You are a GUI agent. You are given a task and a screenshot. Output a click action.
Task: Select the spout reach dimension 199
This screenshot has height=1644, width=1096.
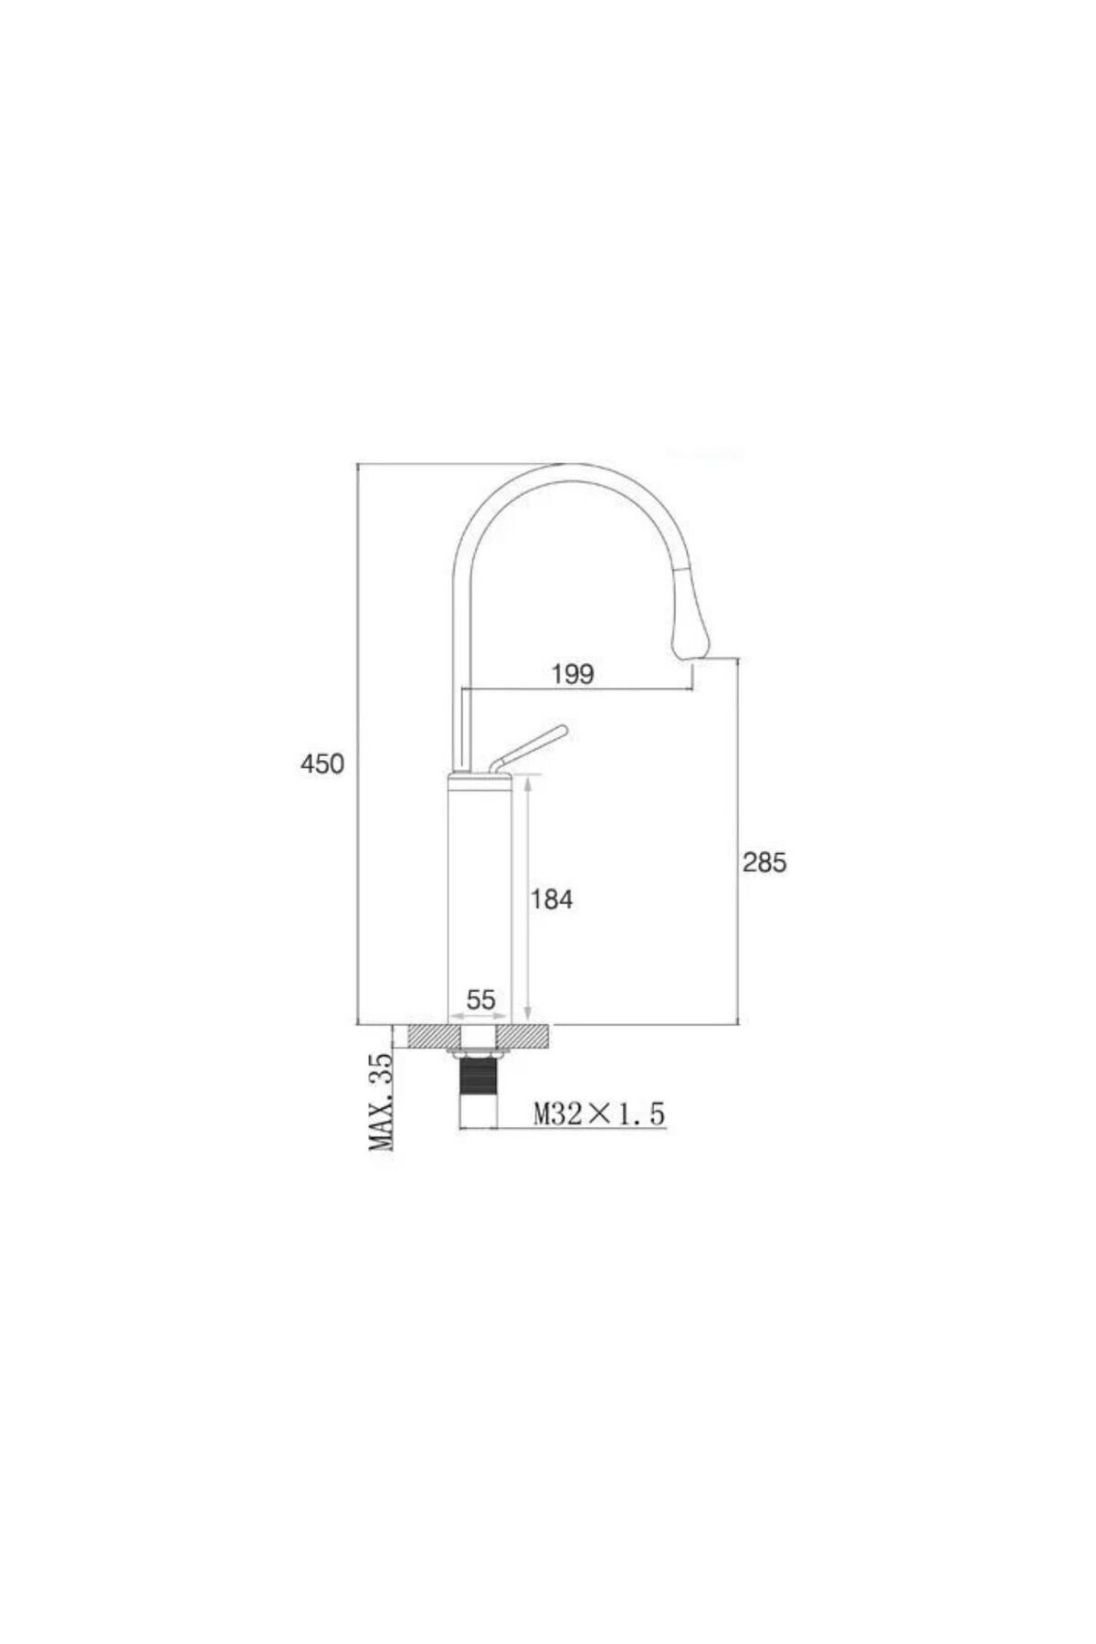point(573,675)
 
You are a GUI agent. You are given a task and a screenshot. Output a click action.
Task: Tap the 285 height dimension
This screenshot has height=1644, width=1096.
point(764,861)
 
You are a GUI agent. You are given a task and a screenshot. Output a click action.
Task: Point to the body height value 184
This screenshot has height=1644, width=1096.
point(552,899)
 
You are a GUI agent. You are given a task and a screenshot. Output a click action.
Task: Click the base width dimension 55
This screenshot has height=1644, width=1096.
point(480,1000)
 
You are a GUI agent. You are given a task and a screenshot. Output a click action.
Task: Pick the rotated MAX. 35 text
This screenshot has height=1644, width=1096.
point(382,1101)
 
